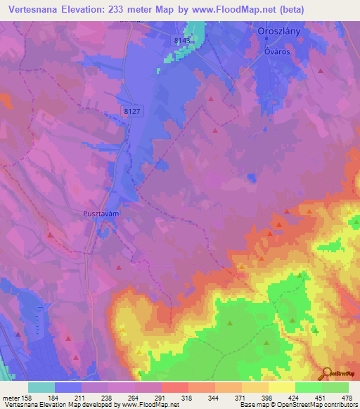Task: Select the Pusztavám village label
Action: pos(94,209)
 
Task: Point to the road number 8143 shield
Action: pos(181,42)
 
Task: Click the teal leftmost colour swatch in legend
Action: pos(41,388)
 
